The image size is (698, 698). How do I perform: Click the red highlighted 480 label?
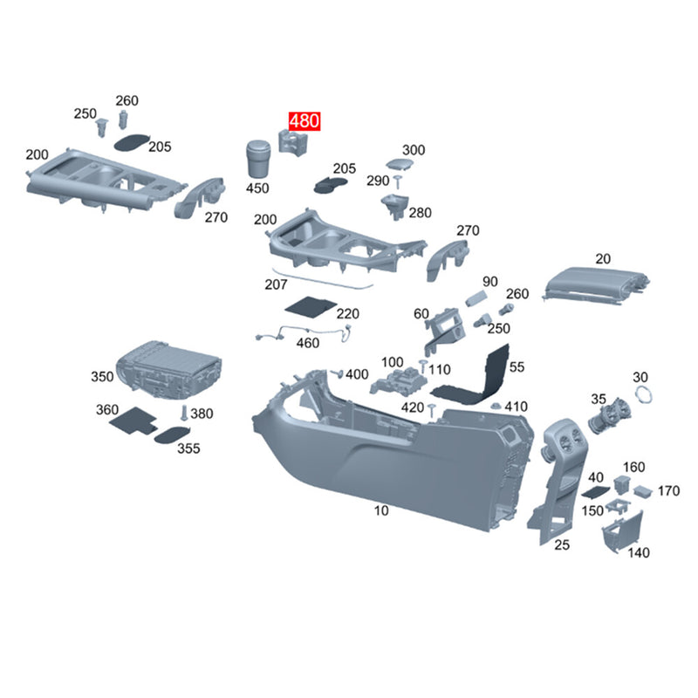(x=305, y=121)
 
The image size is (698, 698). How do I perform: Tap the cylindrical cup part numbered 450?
(x=257, y=159)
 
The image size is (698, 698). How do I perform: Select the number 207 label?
(x=276, y=284)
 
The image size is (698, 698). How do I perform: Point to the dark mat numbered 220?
(x=311, y=306)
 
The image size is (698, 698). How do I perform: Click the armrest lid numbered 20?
(x=596, y=285)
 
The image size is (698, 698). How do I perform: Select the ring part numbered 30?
(x=643, y=394)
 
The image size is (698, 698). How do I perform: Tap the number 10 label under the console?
(x=381, y=510)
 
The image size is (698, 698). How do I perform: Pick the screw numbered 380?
(x=183, y=413)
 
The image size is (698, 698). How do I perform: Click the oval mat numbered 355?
(x=172, y=435)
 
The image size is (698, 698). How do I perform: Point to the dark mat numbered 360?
(x=133, y=420)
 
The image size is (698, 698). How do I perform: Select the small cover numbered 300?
(x=399, y=164)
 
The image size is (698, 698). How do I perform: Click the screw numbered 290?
(x=397, y=181)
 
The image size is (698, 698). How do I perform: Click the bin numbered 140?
(x=622, y=532)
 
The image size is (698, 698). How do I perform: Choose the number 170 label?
(x=668, y=491)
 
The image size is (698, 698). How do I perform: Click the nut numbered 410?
(x=496, y=406)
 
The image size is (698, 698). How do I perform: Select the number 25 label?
(x=562, y=544)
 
